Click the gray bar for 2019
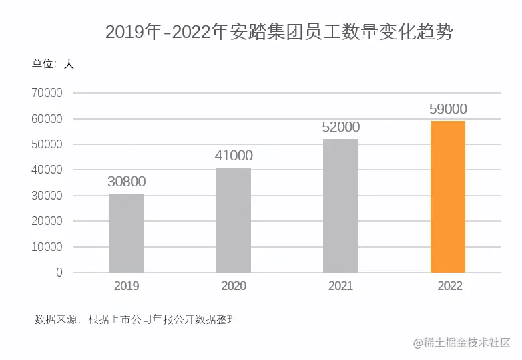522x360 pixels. [x=126, y=233]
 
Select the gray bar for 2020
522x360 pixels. [x=234, y=220]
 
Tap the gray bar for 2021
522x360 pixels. [x=340, y=206]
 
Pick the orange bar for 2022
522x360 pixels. [x=448, y=196]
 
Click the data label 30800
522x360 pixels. [x=126, y=182]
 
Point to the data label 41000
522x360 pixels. [x=234, y=156]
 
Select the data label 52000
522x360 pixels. [x=340, y=127]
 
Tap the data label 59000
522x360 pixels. [x=448, y=109]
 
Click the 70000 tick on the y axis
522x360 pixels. [x=47, y=94]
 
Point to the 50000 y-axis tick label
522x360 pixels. [x=47, y=144]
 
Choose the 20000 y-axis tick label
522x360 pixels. [x=47, y=221]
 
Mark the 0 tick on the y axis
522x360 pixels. [x=59, y=273]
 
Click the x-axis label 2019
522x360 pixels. [x=126, y=286]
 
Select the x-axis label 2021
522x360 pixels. [x=340, y=286]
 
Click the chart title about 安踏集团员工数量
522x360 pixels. [x=279, y=31]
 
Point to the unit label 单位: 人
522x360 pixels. [x=53, y=65]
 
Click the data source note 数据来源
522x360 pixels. [x=136, y=319]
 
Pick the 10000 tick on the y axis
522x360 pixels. [x=47, y=247]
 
